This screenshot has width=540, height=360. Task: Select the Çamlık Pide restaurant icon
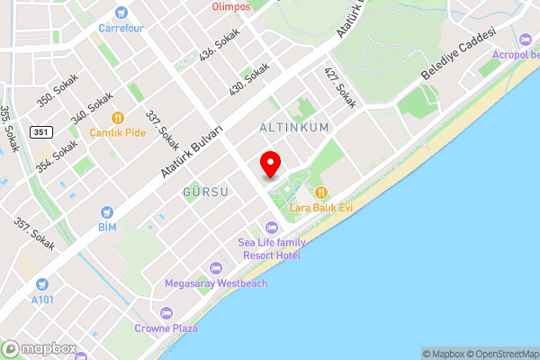click(117, 117)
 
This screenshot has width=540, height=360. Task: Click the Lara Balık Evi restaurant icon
click(320, 192)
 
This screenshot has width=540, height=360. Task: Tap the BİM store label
click(107, 226)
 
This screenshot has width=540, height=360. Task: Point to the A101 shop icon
click(42, 283)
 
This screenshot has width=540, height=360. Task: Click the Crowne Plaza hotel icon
click(166, 313)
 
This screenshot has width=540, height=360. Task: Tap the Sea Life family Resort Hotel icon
click(271, 227)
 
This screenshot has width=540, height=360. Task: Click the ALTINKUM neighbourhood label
click(293, 128)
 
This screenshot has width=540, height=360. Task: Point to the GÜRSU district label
click(206, 193)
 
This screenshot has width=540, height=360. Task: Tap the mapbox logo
click(38, 348)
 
